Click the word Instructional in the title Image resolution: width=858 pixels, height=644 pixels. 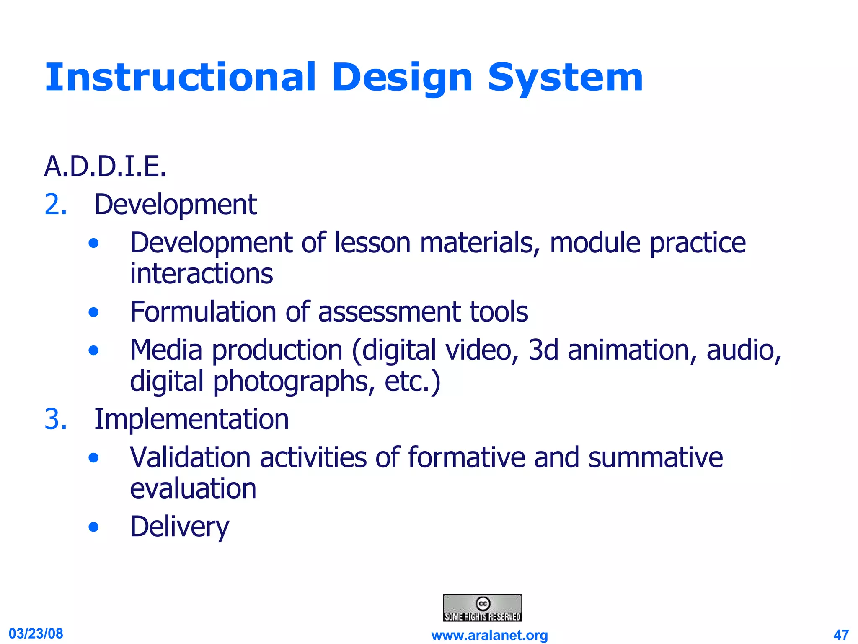(x=180, y=78)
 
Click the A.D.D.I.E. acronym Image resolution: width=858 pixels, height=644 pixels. (x=105, y=166)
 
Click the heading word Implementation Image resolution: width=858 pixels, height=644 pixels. (x=191, y=419)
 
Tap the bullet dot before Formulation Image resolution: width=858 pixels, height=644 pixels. (x=94, y=312)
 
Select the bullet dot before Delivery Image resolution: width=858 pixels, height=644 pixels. (x=94, y=527)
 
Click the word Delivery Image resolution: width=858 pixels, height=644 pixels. (x=180, y=527)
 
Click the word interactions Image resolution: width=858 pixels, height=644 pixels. (x=202, y=274)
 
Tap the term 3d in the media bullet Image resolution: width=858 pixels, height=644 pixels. (x=543, y=350)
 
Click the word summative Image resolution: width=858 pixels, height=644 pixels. (x=656, y=457)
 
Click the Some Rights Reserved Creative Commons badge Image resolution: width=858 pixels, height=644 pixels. (x=483, y=608)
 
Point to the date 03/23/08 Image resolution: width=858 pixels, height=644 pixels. (x=36, y=634)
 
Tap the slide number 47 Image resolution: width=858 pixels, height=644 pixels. (x=841, y=635)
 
